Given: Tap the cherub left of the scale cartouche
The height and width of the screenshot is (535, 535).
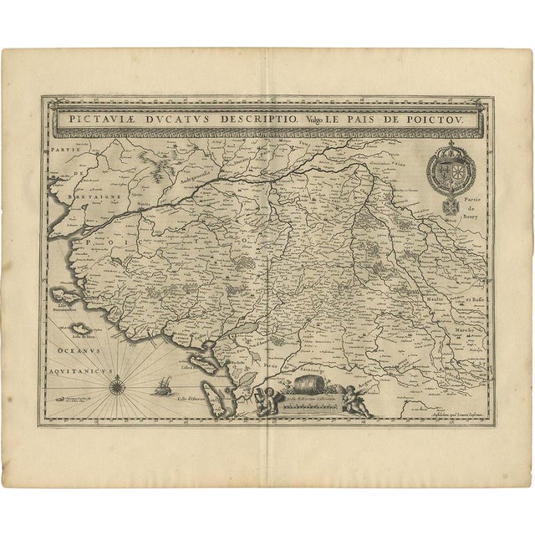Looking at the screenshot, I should pyautogui.click(x=269, y=400).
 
